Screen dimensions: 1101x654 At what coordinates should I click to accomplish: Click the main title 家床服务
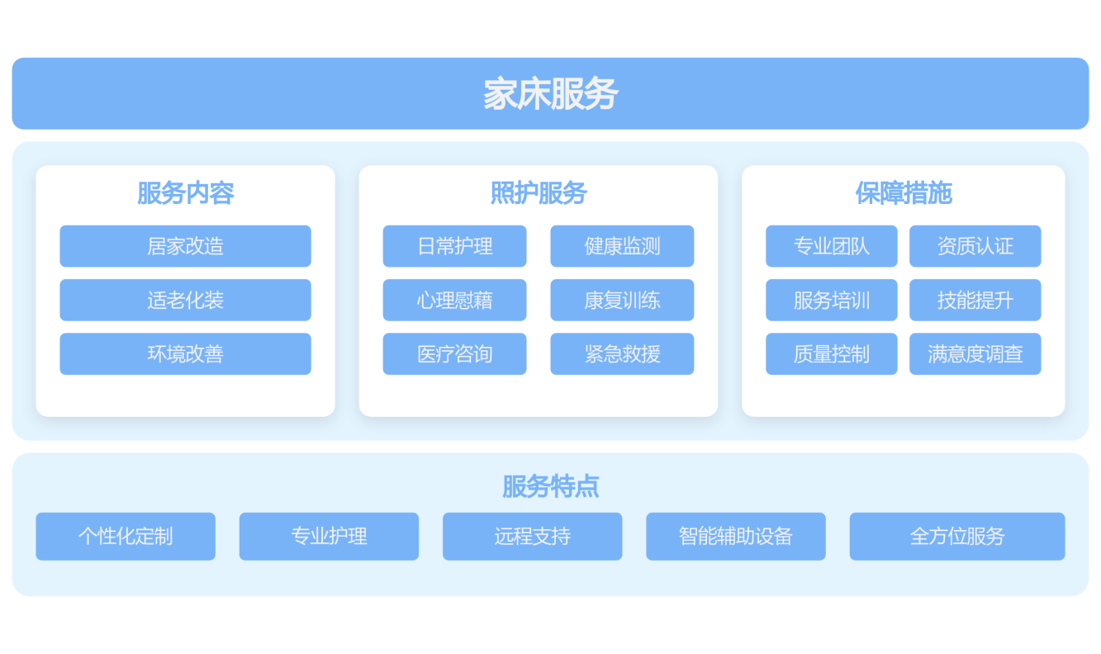pyautogui.click(x=550, y=93)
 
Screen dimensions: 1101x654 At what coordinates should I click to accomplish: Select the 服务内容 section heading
pyautogui.click(x=185, y=192)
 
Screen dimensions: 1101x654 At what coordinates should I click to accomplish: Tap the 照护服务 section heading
pyautogui.click(x=539, y=192)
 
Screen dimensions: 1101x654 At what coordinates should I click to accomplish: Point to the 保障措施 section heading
pyautogui.click(x=904, y=192)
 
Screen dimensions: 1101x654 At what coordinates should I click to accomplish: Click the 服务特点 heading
pyautogui.click(x=550, y=486)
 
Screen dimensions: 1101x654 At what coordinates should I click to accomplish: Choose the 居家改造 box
pyautogui.click(x=185, y=246)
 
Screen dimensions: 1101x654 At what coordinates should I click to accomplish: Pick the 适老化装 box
pyautogui.click(x=185, y=301)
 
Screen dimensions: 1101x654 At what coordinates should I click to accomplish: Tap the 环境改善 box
pyautogui.click(x=185, y=353)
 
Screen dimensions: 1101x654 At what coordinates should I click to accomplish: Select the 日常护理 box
pyautogui.click(x=454, y=246)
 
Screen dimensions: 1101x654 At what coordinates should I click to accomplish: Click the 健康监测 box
pyautogui.click(x=622, y=246)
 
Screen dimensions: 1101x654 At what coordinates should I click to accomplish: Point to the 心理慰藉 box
pyautogui.click(x=454, y=301)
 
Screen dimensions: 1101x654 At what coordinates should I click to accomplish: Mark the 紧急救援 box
pyautogui.click(x=622, y=353)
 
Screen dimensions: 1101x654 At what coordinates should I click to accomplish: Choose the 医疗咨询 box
pyautogui.click(x=454, y=353)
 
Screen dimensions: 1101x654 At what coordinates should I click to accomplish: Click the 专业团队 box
pyautogui.click(x=832, y=246)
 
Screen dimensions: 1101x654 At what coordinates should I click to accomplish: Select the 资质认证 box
pyautogui.click(x=975, y=246)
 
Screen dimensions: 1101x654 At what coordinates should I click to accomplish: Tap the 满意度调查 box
pyautogui.click(x=975, y=353)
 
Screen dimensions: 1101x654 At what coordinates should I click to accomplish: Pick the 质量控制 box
pyautogui.click(x=832, y=353)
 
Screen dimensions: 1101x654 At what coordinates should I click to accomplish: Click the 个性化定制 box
pyautogui.click(x=126, y=537)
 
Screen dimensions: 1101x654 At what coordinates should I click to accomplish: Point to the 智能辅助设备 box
pyautogui.click(x=736, y=537)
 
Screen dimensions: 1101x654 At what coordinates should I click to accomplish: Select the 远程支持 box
pyautogui.click(x=532, y=537)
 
